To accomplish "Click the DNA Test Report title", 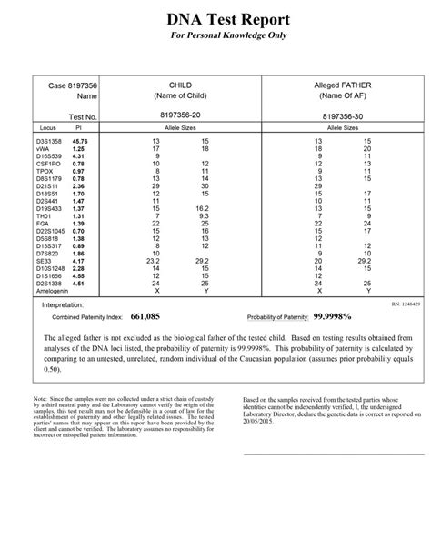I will (215, 19).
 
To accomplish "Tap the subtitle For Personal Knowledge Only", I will (215, 37).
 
